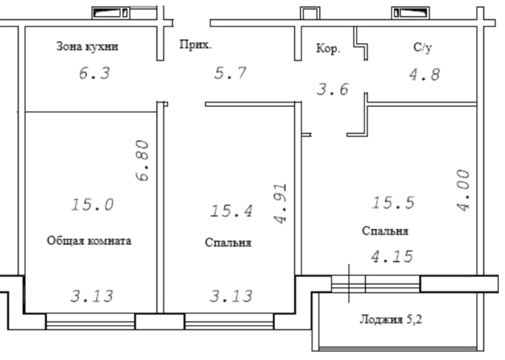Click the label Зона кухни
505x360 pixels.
pyautogui.click(x=87, y=46)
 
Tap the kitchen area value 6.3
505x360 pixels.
pyautogui.click(x=94, y=73)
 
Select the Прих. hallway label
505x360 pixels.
pyautogui.click(x=195, y=44)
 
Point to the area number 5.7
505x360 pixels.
pyautogui.click(x=230, y=73)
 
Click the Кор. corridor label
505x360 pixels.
pyautogui.click(x=328, y=49)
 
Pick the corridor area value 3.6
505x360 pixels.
pyautogui.click(x=332, y=89)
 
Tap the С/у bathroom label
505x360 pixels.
pyautogui.click(x=422, y=47)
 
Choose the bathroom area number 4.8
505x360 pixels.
pyautogui.click(x=425, y=75)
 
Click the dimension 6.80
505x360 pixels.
pyautogui.click(x=142, y=161)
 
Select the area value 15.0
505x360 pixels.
pyautogui.click(x=92, y=204)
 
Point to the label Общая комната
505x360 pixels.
pyautogui.click(x=89, y=240)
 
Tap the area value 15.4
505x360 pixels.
pyautogui.click(x=231, y=211)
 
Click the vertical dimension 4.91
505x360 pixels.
pyautogui.click(x=280, y=204)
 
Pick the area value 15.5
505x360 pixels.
pyautogui.click(x=393, y=203)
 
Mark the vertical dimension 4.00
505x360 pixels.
pyautogui.click(x=464, y=190)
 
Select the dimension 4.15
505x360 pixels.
pyautogui.click(x=392, y=257)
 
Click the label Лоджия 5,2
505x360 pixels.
pyautogui.click(x=391, y=319)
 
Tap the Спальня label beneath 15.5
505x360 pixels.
pyautogui.click(x=385, y=231)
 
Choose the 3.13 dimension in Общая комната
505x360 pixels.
pyautogui.click(x=92, y=296)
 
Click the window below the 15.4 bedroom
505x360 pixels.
pyautogui.click(x=229, y=322)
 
